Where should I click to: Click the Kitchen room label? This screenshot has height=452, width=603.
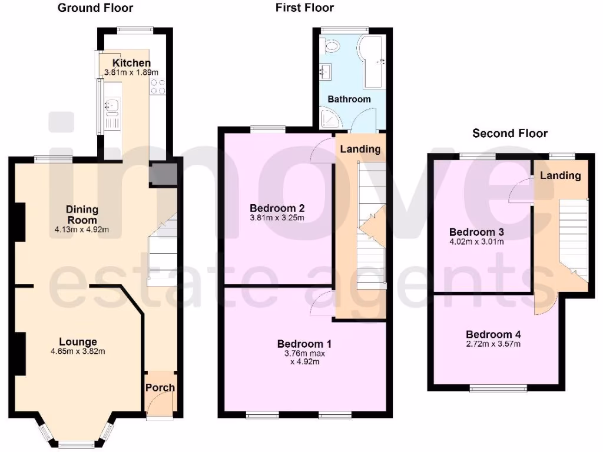(x=132, y=63)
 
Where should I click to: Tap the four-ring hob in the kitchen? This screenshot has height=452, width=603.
(x=157, y=87)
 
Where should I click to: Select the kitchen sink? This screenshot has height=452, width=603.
(x=111, y=106)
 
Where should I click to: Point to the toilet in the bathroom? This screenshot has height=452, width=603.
(x=331, y=46)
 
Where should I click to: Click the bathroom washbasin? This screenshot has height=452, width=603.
(x=324, y=72)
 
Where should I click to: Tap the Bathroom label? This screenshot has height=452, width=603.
(x=349, y=99)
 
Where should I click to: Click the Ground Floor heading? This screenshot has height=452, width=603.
(x=95, y=8)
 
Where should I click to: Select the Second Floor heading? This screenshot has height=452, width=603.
(x=510, y=134)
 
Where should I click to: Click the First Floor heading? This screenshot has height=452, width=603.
(x=304, y=8)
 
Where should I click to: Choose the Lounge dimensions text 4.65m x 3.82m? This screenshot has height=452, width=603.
(x=78, y=352)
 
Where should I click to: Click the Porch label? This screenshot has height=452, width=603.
(x=160, y=387)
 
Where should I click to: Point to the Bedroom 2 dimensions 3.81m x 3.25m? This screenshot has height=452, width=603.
(x=277, y=218)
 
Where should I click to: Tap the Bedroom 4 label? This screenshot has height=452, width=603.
(x=493, y=334)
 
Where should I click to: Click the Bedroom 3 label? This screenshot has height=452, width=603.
(x=476, y=232)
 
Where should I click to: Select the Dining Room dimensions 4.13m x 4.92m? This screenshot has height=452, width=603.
(x=82, y=230)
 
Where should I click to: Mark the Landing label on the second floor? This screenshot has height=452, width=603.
(x=561, y=175)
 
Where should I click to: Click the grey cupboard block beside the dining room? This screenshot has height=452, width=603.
(x=163, y=174)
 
